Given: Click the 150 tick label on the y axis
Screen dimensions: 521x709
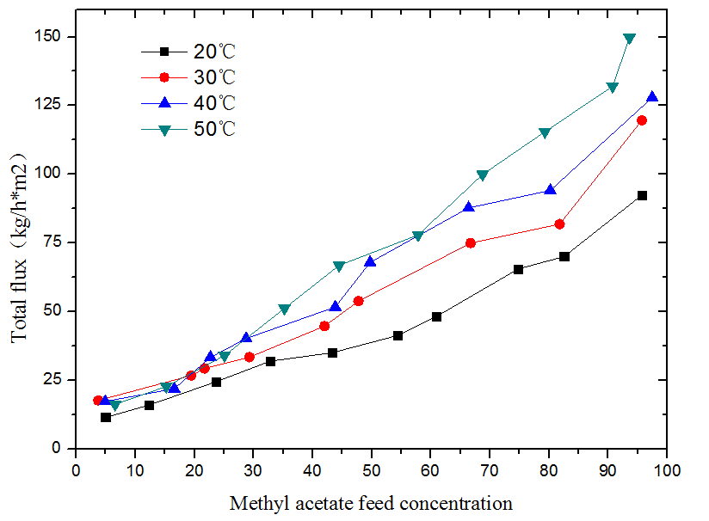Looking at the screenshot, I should click(54, 37).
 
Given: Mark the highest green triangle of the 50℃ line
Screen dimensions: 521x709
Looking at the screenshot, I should click(629, 39).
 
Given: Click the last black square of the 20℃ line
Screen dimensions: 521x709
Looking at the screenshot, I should click(642, 196).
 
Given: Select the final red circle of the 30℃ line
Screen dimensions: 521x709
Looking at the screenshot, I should click(642, 120).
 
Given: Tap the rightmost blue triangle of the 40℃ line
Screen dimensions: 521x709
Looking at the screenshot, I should click(652, 97).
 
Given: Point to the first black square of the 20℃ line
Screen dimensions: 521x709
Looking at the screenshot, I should click(106, 417).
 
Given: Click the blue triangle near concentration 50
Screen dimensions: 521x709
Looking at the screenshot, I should click(370, 261).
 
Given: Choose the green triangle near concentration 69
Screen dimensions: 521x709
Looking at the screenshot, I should click(482, 175).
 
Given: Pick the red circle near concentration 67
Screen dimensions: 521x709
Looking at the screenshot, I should click(471, 243).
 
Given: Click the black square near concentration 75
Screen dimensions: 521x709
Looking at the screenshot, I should click(518, 269).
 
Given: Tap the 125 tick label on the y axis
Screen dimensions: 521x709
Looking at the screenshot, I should click(54, 105).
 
